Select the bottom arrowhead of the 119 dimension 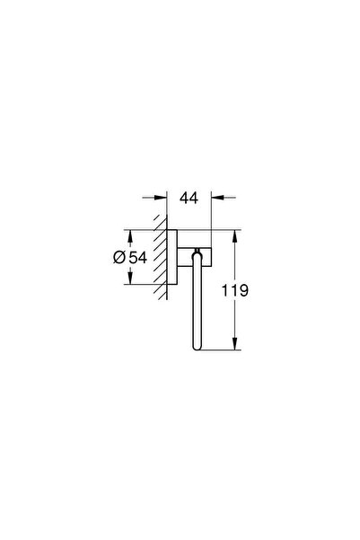[235, 345]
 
